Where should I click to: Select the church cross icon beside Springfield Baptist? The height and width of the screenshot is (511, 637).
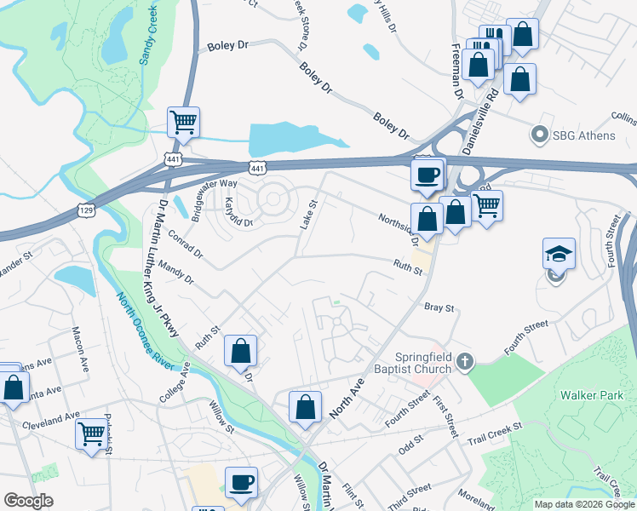464,363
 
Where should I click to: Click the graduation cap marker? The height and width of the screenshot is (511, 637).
560,254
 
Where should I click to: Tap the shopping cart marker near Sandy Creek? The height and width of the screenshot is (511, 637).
184,123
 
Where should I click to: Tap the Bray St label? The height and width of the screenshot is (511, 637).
439,307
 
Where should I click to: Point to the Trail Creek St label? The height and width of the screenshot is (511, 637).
495,434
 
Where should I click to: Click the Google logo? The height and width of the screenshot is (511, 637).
28,501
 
